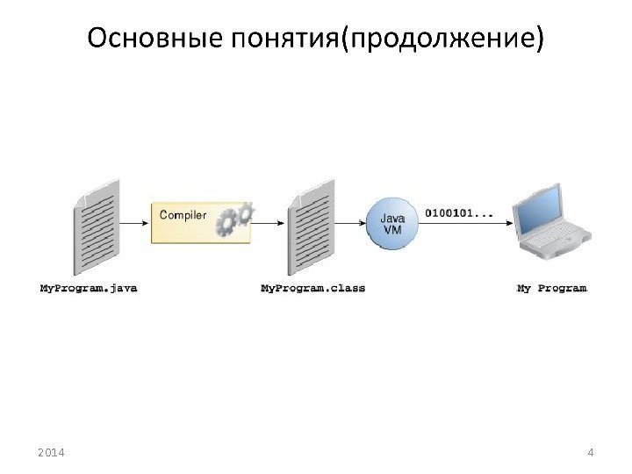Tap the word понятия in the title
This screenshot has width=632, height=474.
(x=272, y=39)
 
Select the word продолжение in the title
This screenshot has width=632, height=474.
(x=441, y=39)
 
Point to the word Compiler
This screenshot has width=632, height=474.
(x=183, y=214)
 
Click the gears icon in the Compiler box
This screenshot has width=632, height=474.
(x=234, y=219)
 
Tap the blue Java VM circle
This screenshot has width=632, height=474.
(x=391, y=223)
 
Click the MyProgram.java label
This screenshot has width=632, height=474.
(x=89, y=287)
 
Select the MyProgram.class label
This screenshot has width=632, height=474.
(x=313, y=287)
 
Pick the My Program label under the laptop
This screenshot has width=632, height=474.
(x=551, y=287)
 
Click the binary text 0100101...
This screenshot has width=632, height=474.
(x=458, y=212)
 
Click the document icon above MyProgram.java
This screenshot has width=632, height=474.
(x=96, y=227)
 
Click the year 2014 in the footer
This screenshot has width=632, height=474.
(x=53, y=452)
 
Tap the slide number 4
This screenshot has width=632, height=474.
(x=591, y=452)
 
